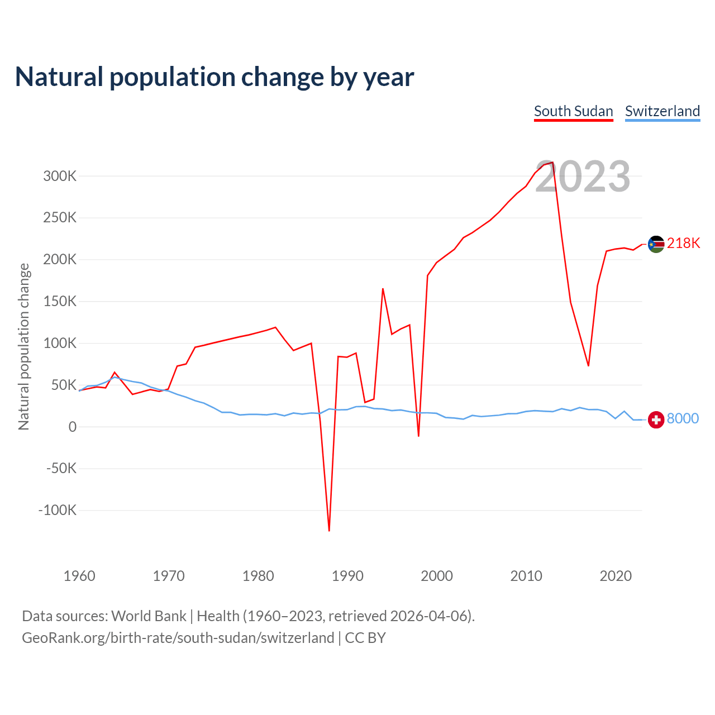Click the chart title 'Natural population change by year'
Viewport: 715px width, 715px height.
(214, 77)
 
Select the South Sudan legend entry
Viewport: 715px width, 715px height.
(573, 111)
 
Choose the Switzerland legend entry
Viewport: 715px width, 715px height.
(662, 111)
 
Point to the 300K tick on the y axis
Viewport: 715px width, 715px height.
(60, 177)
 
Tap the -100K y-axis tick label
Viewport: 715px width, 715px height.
(57, 510)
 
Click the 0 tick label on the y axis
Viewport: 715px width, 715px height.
(72, 427)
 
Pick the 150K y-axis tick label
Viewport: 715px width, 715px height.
(60, 302)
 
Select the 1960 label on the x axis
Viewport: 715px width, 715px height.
(79, 576)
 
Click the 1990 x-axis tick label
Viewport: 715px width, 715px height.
(347, 576)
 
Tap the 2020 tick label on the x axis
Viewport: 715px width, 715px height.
(615, 576)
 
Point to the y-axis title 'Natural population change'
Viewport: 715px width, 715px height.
(23, 346)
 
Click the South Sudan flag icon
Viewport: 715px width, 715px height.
(656, 244)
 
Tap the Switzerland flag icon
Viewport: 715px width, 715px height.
(656, 420)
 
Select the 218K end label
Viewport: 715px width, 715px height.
(683, 244)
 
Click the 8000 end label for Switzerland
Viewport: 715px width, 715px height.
(683, 419)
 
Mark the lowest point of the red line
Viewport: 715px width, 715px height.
(329, 531)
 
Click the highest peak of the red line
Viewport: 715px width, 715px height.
(552, 163)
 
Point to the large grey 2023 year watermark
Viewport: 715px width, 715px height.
(583, 177)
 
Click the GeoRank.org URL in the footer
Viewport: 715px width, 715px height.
(178, 638)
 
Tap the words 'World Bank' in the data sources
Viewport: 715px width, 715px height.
(149, 616)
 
